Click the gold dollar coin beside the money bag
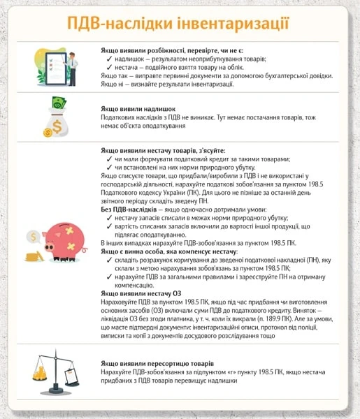(x=48, y=131)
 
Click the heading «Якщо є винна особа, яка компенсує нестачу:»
(x=169, y=249)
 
